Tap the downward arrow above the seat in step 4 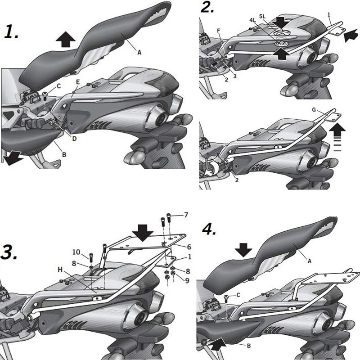pyautogui.click(x=244, y=249)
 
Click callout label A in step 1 pyautogui.click(x=139, y=52)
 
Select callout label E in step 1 pyautogui.click(x=78, y=82)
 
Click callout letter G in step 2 pyautogui.click(x=314, y=109)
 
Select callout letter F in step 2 pyautogui.click(x=218, y=31)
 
